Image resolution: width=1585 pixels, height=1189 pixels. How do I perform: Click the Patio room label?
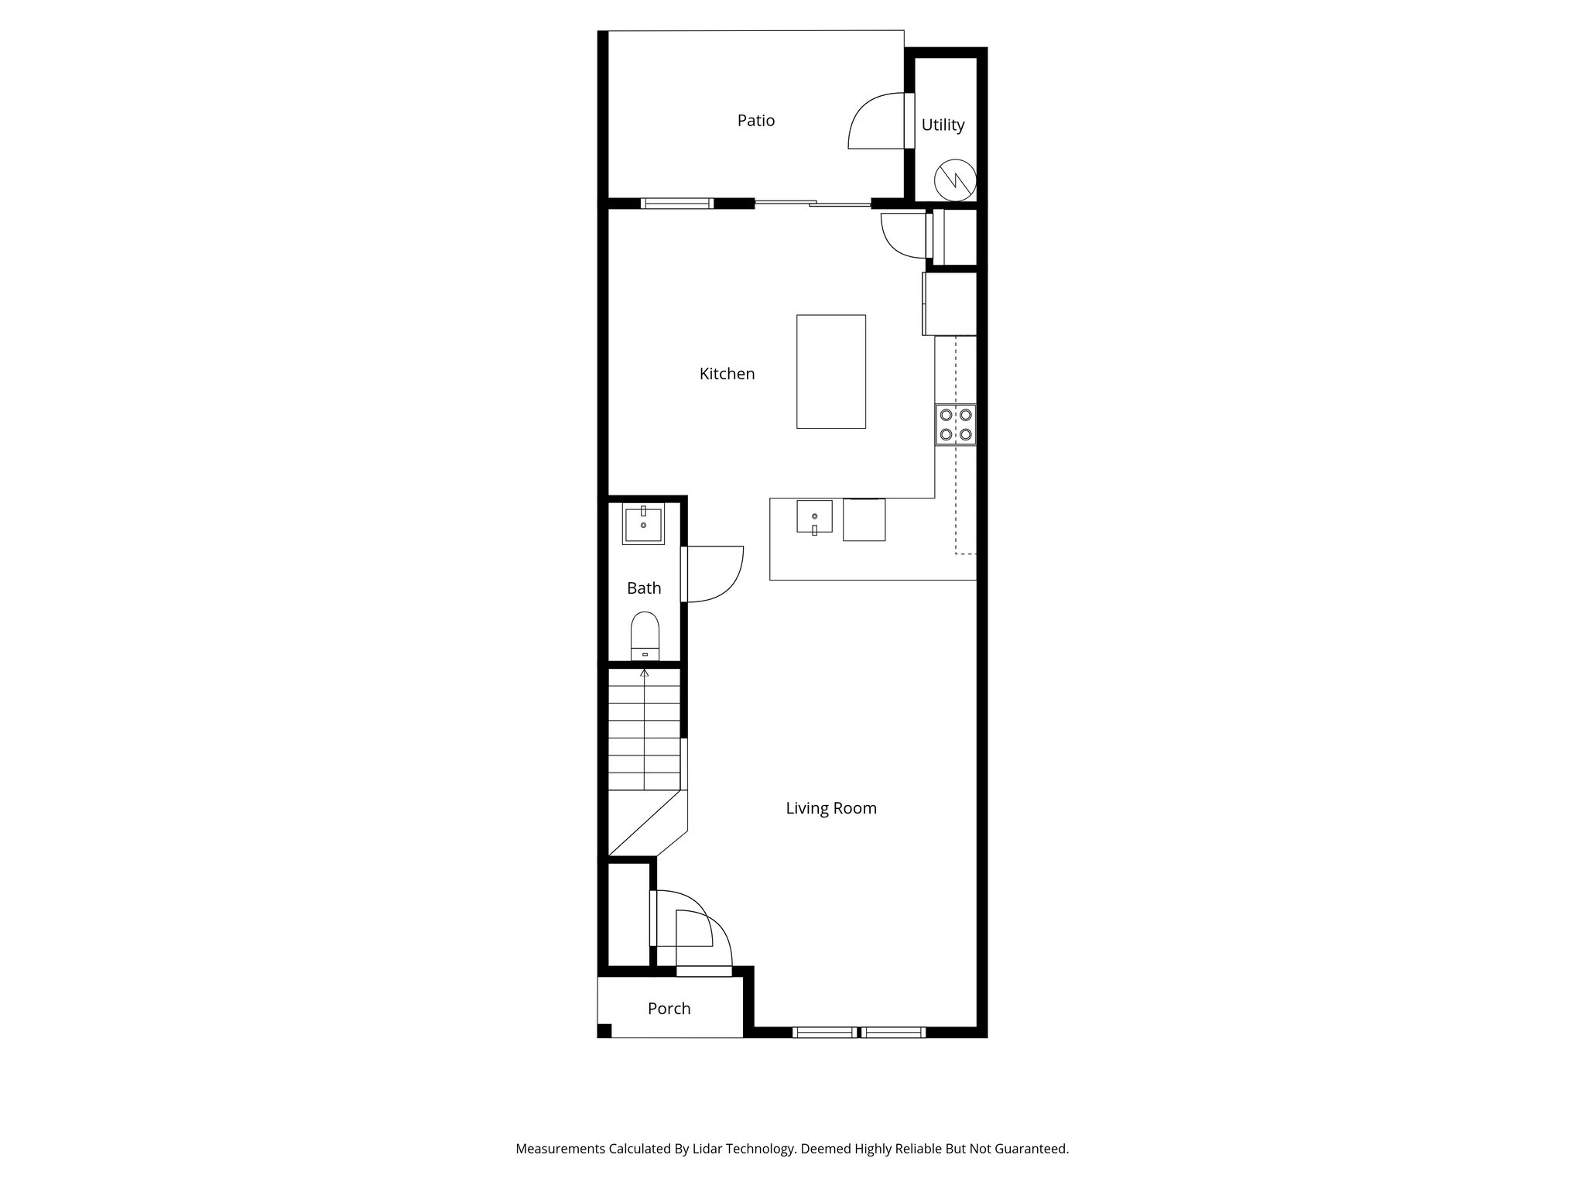[755, 121]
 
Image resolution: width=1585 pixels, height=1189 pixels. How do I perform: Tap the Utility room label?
[943, 125]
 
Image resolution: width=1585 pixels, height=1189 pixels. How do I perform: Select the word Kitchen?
[727, 374]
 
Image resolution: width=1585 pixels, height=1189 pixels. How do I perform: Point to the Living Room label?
[831, 808]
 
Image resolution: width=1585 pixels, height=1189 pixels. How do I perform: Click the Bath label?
[644, 588]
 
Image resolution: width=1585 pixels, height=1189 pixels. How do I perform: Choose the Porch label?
[669, 1009]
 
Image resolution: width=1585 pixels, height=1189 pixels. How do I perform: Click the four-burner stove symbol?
[956, 424]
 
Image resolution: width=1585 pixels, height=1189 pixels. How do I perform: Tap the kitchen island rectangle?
[831, 372]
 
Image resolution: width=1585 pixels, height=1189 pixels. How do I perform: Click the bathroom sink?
[643, 524]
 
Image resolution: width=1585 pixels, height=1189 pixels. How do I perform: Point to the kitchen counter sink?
[814, 516]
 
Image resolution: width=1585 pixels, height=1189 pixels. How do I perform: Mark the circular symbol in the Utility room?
[955, 181]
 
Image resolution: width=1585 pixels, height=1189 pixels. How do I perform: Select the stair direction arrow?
[644, 673]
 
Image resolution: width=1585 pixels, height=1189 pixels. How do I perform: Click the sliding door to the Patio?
[813, 204]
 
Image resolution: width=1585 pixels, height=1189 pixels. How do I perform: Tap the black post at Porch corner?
[604, 1030]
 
